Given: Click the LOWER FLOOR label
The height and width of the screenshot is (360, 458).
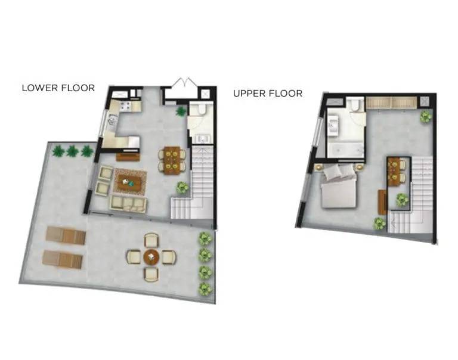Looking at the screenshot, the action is pos(58,88).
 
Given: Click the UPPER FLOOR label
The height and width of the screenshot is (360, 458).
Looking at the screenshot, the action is pos(268,94).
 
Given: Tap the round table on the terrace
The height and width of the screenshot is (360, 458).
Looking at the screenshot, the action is pos(151,257).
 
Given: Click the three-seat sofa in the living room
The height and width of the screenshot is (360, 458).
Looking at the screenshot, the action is pos(128,203).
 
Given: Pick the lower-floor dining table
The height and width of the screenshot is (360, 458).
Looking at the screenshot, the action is pos(172,160).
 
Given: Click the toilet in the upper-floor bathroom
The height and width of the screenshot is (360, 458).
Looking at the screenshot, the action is pos(355,105).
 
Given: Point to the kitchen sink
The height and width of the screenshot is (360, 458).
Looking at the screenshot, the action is pos(113,120).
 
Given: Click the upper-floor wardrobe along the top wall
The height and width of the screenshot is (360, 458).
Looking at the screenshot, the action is pos(391,103).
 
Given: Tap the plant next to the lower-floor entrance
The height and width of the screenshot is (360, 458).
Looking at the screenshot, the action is pos(181,111).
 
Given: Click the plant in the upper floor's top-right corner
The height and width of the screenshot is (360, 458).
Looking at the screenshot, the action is pos(426,117).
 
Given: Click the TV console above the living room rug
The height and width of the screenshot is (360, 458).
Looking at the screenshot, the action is pos(128,157).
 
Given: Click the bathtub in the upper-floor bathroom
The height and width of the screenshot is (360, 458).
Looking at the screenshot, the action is pos(345,150).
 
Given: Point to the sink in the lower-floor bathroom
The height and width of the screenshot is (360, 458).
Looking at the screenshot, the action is pos(202,139).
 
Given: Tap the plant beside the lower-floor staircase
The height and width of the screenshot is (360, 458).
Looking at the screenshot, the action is pos(182,187).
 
